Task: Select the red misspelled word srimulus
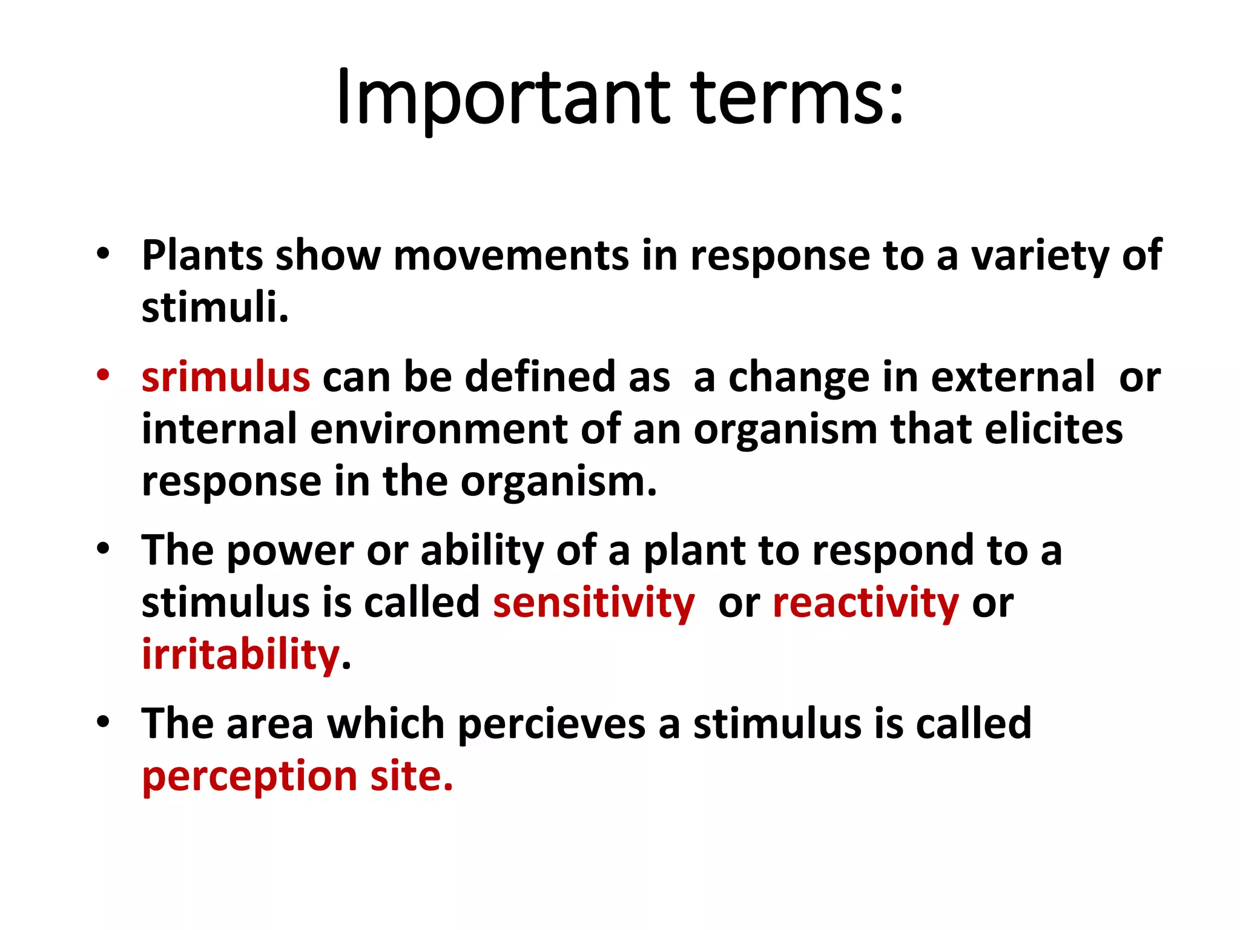tap(225, 377)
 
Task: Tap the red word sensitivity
tap(594, 603)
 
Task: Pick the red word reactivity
tap(866, 603)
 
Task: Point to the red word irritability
tap(241, 655)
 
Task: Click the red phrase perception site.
tap(297, 776)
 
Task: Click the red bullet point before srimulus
tap(103, 375)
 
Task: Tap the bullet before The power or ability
tap(103, 549)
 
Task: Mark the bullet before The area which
tap(103, 722)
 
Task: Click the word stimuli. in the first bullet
tap(215, 308)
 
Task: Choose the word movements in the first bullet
tap(511, 256)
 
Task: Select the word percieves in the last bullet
tap(552, 724)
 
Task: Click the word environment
tap(439, 429)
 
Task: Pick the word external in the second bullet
tap(1012, 377)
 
